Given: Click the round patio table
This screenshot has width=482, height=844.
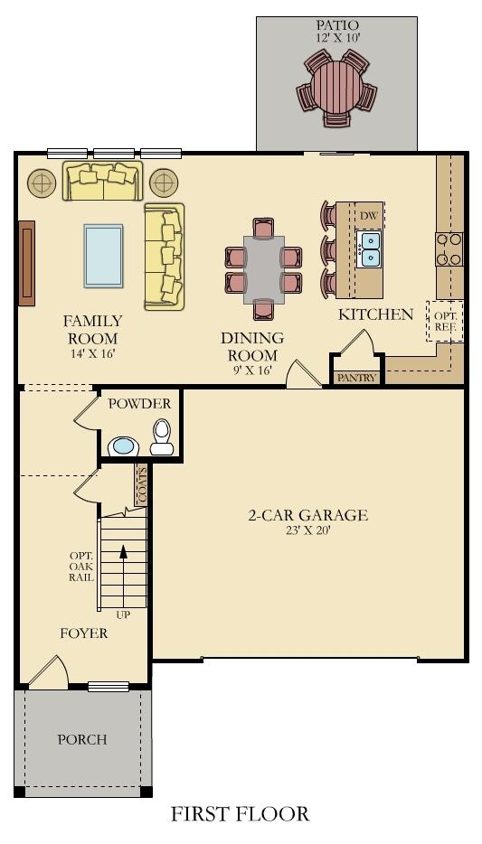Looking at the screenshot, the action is [x=336, y=87].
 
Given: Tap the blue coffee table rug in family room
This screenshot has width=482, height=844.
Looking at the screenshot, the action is [x=103, y=256].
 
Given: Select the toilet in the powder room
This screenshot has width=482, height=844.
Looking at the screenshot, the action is [x=162, y=436].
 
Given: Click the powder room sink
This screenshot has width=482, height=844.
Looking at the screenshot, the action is [x=123, y=446].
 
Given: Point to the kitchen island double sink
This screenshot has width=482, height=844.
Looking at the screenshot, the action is [x=370, y=249].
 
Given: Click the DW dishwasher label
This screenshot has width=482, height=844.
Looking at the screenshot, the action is [x=368, y=216].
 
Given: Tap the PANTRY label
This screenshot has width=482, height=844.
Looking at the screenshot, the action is [x=356, y=378].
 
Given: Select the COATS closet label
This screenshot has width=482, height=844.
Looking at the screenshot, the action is [x=142, y=484].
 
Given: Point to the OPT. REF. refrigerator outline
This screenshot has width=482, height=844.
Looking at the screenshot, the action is [x=445, y=322].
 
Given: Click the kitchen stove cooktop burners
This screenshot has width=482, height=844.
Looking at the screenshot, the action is [x=449, y=249].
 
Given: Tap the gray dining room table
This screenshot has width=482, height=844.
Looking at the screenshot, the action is [x=263, y=269].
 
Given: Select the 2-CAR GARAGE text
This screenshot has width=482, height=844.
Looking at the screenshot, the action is [x=308, y=515].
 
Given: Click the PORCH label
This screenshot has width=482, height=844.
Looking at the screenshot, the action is [x=82, y=739].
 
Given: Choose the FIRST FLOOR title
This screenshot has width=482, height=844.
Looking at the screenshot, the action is [x=241, y=813].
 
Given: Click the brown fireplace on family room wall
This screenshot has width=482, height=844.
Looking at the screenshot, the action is [x=27, y=263].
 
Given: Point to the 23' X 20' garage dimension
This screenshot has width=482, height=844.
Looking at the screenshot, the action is [x=308, y=530].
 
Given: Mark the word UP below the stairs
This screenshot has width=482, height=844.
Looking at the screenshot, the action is [x=123, y=614].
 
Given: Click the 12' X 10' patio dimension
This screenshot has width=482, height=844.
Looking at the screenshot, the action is [x=336, y=39].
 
